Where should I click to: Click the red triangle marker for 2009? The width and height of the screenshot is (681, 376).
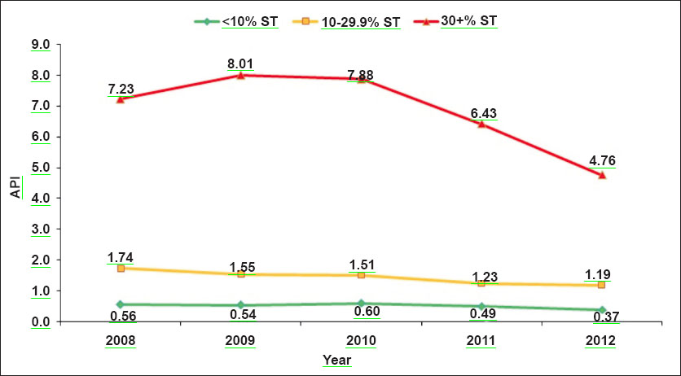240,75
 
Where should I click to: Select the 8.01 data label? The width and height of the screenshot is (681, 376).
240,62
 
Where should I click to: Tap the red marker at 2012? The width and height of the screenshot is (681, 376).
602,175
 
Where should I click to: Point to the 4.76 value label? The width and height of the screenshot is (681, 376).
601,161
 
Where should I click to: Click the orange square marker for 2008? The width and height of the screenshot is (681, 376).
120,268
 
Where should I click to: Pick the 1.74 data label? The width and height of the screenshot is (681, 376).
121,257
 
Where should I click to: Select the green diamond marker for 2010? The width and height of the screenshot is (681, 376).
361,304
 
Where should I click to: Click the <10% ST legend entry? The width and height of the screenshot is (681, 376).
250,22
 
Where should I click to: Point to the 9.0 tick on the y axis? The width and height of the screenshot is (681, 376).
41,45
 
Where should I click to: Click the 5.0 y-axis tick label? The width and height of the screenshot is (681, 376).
41,168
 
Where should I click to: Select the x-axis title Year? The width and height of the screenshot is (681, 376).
336,359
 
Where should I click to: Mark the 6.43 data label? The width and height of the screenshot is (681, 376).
481,111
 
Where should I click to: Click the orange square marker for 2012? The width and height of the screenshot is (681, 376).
602,285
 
